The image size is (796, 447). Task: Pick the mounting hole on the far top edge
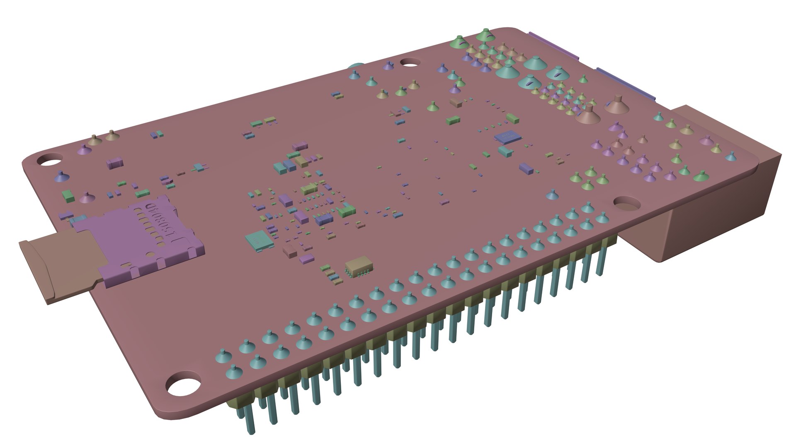coord(410,62)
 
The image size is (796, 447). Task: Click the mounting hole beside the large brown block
coord(627,203)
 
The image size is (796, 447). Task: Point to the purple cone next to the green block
coord(86,198)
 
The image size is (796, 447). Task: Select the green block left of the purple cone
coord(67,195)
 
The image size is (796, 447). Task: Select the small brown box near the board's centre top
coord(456,102)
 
